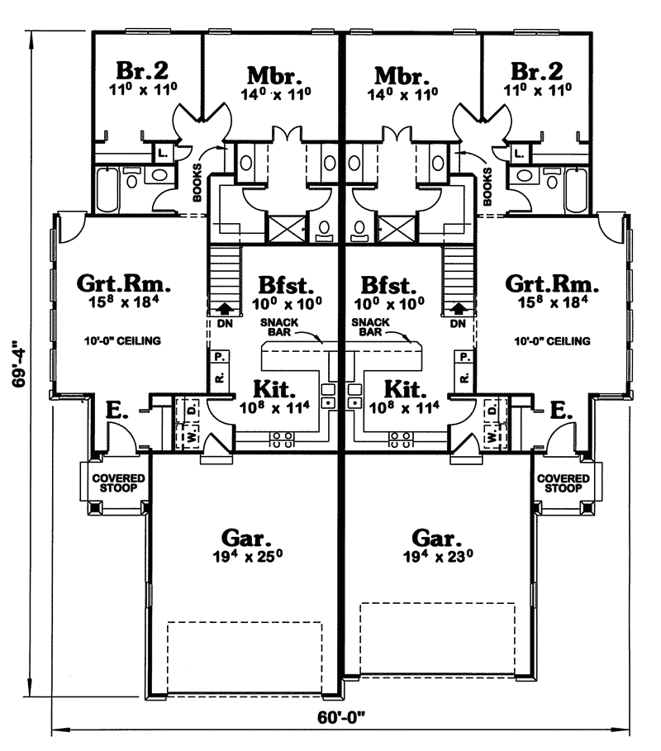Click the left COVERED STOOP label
118,483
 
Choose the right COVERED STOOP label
564,483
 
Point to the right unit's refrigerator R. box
464,378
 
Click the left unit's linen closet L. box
162,154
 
